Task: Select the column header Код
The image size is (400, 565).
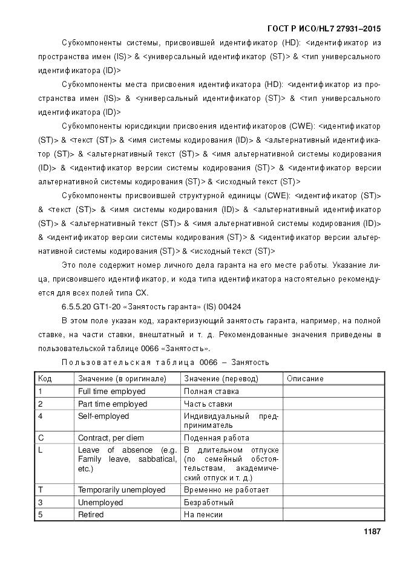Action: click(x=45, y=379)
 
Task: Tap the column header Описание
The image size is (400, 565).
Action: click(x=305, y=379)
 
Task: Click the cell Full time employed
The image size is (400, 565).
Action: click(x=111, y=392)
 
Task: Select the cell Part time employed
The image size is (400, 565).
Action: click(x=112, y=404)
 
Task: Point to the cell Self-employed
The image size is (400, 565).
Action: click(x=103, y=416)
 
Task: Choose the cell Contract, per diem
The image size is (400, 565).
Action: click(x=113, y=438)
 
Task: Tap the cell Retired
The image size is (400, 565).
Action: click(x=91, y=515)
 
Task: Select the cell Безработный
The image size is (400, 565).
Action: click(x=209, y=503)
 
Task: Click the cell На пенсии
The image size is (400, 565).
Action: click(x=203, y=515)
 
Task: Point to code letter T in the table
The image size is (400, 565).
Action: click(x=40, y=490)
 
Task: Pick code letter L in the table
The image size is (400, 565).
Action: click(x=40, y=450)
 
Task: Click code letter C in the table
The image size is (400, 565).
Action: click(x=41, y=438)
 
